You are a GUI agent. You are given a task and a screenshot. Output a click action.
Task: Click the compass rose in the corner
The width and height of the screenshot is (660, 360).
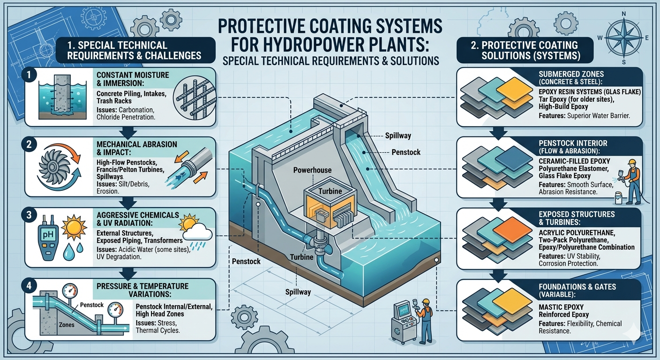(x=624, y=37)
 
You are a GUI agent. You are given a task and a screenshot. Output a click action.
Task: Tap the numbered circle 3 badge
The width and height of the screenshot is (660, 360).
(x=29, y=215)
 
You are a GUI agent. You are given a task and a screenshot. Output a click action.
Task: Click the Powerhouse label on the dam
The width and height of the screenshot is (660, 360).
(x=312, y=170)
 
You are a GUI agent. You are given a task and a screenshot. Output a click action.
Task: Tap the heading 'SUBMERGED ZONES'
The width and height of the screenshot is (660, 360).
(x=571, y=74)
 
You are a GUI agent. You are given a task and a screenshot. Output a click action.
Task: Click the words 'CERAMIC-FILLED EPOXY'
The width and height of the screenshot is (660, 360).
(x=574, y=161)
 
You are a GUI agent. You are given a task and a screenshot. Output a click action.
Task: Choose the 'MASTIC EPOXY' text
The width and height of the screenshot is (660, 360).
(x=561, y=307)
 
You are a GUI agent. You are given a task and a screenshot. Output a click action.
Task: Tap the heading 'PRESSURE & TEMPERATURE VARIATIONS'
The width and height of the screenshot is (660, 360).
(x=142, y=290)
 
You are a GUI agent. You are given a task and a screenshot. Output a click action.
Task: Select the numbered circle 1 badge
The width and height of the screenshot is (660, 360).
(x=29, y=75)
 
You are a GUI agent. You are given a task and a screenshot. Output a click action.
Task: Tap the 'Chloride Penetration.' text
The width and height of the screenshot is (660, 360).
(x=126, y=117)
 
